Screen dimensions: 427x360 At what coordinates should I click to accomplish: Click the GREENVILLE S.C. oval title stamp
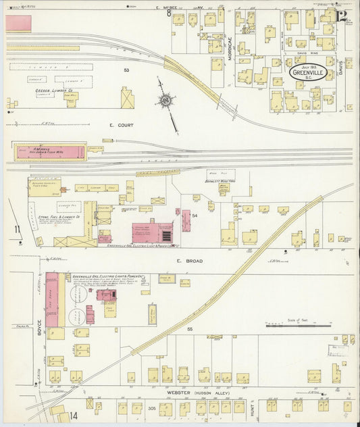point(310,72)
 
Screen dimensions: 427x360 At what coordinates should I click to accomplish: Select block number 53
point(126,70)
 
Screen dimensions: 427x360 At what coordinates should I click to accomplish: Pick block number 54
point(195,215)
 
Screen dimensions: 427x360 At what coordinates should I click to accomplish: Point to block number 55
point(190,329)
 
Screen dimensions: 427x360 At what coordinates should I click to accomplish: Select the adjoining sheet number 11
point(16,230)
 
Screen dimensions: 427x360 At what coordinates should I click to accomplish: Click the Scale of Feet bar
point(298,325)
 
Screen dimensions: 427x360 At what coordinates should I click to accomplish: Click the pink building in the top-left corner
point(18,23)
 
